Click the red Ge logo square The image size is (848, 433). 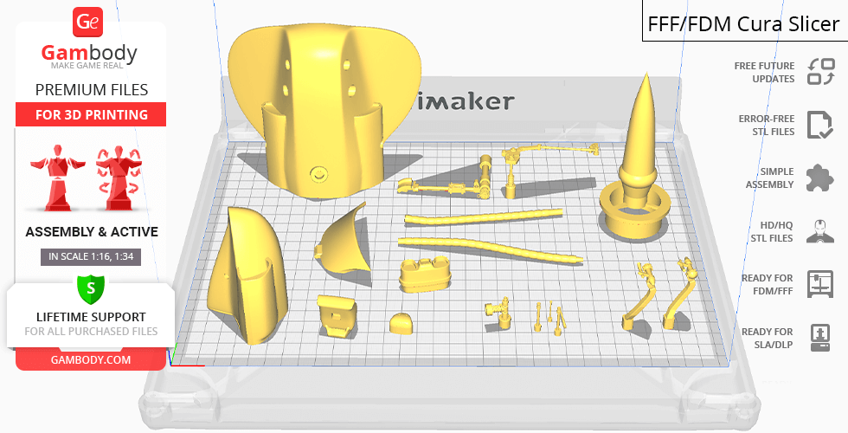(x=87, y=23)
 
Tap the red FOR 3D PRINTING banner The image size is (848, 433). (x=91, y=114)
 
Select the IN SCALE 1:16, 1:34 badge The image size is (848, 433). (x=91, y=256)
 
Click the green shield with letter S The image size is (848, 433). (x=90, y=289)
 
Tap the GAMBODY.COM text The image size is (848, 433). (x=91, y=360)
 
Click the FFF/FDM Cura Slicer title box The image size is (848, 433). (x=745, y=21)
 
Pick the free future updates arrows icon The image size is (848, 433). (x=821, y=72)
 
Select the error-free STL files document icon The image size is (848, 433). (x=820, y=125)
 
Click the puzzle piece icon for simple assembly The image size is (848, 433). (x=820, y=178)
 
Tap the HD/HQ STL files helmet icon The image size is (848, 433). (x=820, y=231)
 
